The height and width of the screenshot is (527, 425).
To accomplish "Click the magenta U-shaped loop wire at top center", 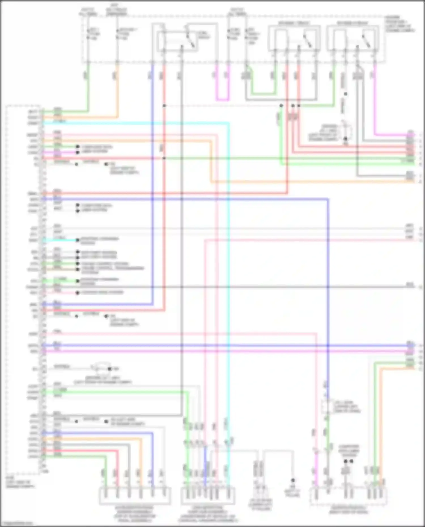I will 222,100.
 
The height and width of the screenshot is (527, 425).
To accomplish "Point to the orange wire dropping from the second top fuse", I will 117,93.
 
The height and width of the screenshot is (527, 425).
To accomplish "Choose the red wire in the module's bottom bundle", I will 85,451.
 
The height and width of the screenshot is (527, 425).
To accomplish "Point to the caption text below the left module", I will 20,484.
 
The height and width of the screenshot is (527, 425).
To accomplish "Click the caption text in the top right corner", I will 399,24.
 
